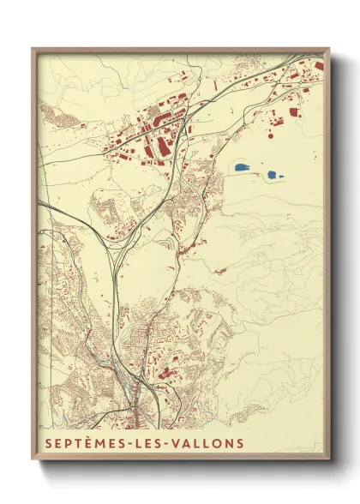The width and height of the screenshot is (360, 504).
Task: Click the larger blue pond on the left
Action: [x=241, y=167]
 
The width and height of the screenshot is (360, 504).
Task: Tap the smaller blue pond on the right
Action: [x=273, y=175]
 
